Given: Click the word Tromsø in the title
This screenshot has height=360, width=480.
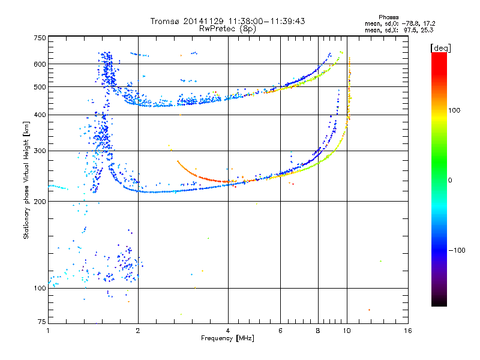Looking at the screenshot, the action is click(166, 21).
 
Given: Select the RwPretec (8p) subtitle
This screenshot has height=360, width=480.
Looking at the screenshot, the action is click(227, 29).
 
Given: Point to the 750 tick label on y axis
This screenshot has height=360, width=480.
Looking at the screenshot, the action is click(40, 38).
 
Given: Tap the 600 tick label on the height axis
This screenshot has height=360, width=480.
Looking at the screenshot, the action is click(40, 64).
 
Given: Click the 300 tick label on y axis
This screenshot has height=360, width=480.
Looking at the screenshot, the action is click(40, 151).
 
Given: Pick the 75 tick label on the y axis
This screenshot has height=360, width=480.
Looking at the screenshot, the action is click(42, 322).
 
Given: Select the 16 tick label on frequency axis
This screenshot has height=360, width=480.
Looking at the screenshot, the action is click(408, 331).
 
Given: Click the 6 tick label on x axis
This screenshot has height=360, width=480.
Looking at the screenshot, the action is click(280, 331).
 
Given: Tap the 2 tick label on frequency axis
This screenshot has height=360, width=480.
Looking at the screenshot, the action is click(138, 331).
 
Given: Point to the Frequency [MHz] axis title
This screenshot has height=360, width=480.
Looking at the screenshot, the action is click(227, 338).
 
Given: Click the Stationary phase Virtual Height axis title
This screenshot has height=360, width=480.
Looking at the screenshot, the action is click(26, 181).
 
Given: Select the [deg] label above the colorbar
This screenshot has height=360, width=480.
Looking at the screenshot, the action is click(440, 48).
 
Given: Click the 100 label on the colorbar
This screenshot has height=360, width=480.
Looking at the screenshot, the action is click(454, 110).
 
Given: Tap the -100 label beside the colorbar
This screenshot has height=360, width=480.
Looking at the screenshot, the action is click(457, 250).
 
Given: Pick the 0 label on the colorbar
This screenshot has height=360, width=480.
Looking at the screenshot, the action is click(450, 181).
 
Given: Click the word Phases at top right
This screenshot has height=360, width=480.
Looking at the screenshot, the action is click(388, 17).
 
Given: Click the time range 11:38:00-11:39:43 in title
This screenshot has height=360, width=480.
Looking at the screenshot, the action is click(266, 21).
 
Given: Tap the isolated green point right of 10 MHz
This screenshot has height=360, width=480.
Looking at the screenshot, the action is click(380, 261).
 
